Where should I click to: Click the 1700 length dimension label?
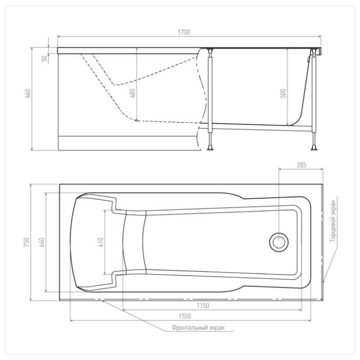pyautogui.click(x=184, y=32)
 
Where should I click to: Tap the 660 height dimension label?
pyautogui.click(x=28, y=93)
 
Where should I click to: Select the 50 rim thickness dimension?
pyautogui.click(x=45, y=59)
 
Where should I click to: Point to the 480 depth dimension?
pyautogui.click(x=132, y=93)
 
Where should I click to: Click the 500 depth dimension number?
pyautogui.click(x=283, y=93)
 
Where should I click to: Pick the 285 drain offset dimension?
pyautogui.click(x=301, y=165)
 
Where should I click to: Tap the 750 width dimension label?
pyautogui.click(x=27, y=242)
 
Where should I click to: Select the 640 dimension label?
pyautogui.click(x=42, y=242)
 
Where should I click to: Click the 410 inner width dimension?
pyautogui.click(x=101, y=242)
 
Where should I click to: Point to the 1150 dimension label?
pyautogui.click(x=203, y=306)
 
